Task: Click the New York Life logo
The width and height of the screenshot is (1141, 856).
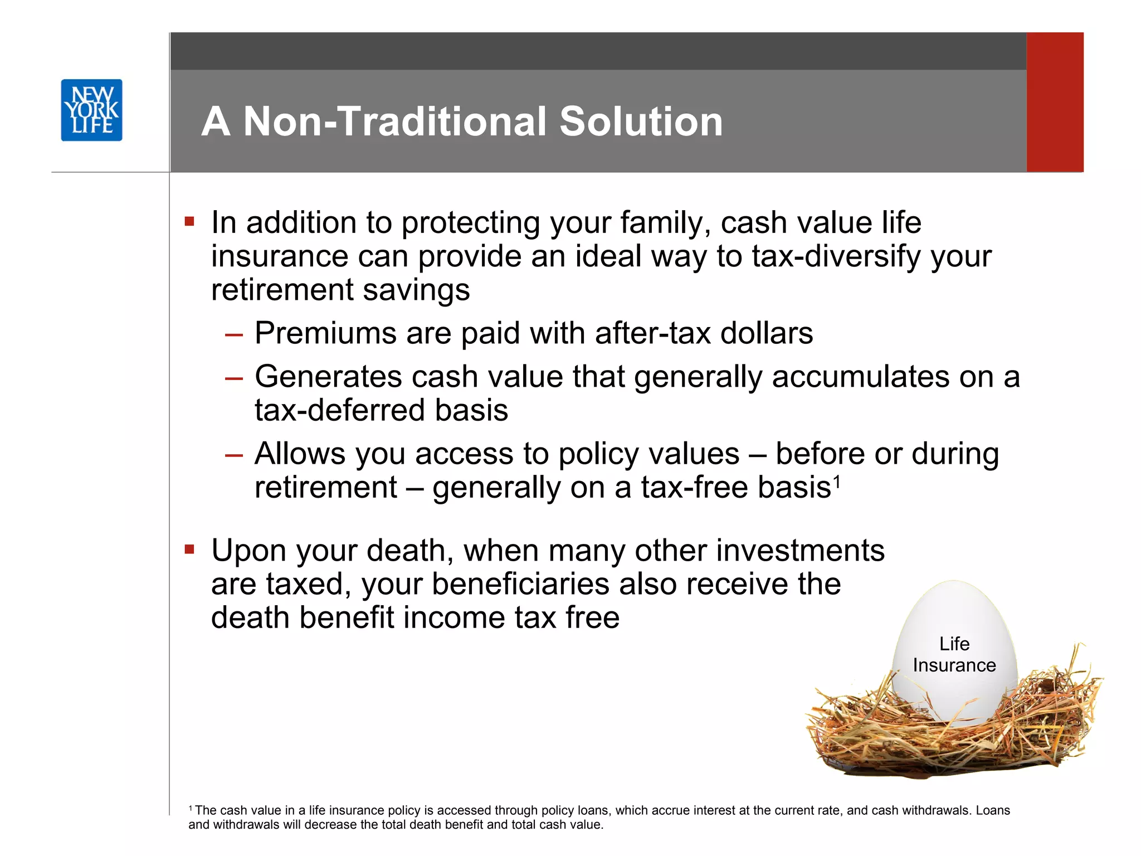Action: point(91,110)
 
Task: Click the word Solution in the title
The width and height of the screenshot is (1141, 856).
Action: point(641,121)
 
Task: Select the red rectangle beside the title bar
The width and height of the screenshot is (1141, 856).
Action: point(1055,102)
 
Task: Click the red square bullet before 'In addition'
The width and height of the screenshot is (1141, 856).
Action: point(189,222)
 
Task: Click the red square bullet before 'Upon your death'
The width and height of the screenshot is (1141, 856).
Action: point(189,550)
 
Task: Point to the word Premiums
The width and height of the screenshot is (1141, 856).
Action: point(325,333)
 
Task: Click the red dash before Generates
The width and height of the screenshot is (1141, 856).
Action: point(234,378)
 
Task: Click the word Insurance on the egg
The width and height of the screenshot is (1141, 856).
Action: point(954,665)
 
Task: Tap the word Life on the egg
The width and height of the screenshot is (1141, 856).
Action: point(954,644)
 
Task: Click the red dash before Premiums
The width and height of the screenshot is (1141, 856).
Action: point(234,335)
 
